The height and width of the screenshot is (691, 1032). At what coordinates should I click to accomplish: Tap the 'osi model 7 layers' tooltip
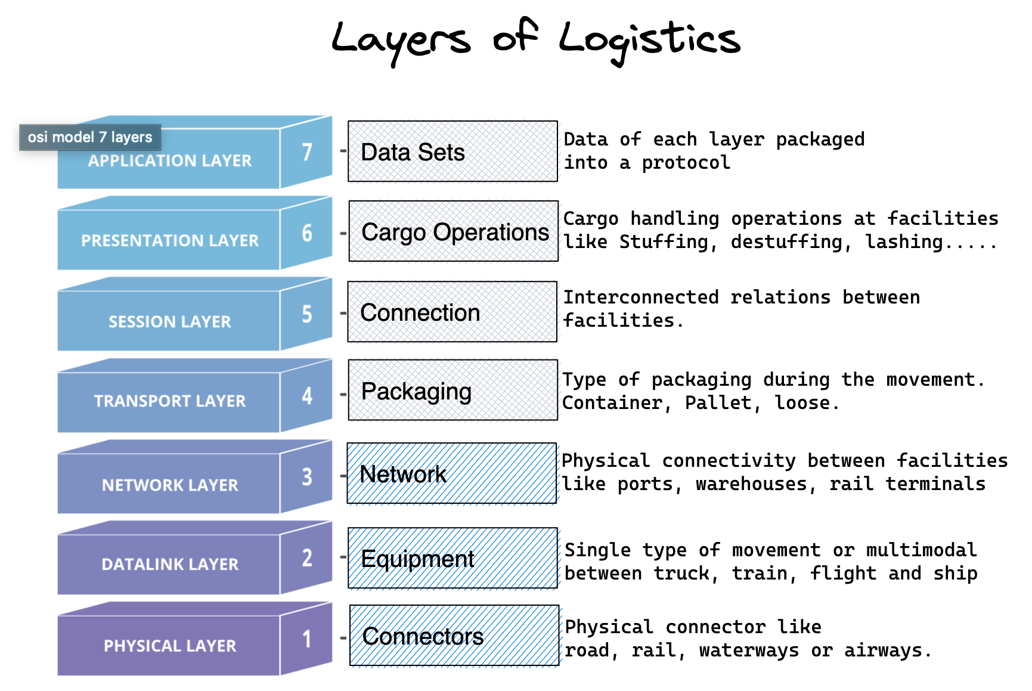(90, 137)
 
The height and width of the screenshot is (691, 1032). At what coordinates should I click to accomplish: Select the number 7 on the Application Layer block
(306, 151)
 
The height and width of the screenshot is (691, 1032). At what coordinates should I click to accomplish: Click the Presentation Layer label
(170, 240)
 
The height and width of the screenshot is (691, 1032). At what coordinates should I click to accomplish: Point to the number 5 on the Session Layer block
(306, 314)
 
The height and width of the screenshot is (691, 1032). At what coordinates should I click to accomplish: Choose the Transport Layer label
(170, 401)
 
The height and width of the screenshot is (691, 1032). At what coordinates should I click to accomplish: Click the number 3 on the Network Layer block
(306, 476)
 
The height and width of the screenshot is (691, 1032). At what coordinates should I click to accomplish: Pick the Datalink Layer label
(170, 564)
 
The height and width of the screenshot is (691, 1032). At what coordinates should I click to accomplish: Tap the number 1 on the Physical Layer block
(306, 639)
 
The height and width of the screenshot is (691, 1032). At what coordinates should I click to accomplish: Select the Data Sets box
(453, 151)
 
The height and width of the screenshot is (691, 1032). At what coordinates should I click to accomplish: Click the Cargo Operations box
(453, 231)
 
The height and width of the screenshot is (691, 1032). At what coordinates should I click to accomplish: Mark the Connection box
(452, 312)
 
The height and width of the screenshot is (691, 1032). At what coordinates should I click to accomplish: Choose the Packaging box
(453, 391)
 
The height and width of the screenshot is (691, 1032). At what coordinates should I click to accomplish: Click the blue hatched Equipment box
(453, 558)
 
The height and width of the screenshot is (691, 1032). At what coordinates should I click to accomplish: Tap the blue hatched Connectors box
(454, 636)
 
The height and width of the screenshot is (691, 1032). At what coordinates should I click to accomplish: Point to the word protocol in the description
(686, 163)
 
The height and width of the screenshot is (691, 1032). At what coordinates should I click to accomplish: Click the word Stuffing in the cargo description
(667, 242)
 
